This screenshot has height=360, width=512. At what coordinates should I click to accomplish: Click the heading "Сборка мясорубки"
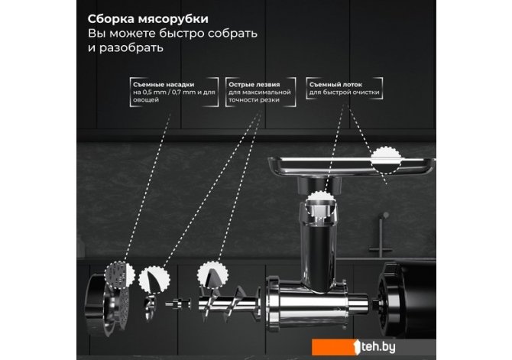point(147,19)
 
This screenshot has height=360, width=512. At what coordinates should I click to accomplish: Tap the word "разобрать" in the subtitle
point(131,47)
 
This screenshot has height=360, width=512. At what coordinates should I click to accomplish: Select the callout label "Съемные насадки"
point(164,85)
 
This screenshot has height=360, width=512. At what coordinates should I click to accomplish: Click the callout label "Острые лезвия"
point(254,85)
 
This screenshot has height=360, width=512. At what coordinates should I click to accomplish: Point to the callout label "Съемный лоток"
point(335,85)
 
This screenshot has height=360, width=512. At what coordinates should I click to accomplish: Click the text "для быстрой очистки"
point(344,92)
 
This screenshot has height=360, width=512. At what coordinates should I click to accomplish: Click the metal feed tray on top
point(352,166)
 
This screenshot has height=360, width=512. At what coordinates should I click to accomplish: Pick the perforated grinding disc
point(122,309)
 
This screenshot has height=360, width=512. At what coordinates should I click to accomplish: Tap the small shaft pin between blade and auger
point(178,303)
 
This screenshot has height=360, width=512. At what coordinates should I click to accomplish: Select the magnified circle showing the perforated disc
point(119,274)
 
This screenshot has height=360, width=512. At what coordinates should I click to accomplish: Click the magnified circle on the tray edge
point(386,160)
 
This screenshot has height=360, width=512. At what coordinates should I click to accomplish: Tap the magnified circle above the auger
point(213,275)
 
